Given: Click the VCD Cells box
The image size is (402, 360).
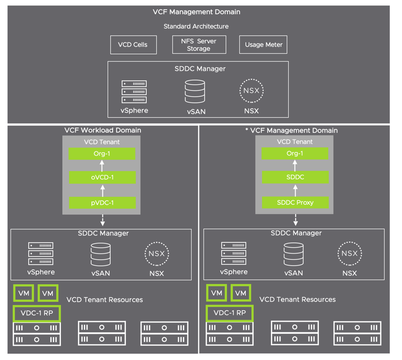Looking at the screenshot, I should point(133,45).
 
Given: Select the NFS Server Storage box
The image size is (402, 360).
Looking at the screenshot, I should point(199,45).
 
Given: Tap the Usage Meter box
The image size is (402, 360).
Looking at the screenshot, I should point(264,45).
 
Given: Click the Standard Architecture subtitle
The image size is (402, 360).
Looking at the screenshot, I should point(196,26).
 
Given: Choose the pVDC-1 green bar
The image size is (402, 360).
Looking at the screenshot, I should point(102,202).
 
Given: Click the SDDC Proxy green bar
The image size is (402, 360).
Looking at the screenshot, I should point(295,202).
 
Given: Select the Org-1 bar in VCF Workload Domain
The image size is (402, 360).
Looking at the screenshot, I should point(102,153).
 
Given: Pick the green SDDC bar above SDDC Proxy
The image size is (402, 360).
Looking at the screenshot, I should point(295,178).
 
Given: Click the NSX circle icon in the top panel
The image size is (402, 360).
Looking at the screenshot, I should point(251,91).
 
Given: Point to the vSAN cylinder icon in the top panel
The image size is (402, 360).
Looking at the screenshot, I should point(195,91).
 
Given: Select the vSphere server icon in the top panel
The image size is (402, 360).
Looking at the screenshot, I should point(134,92).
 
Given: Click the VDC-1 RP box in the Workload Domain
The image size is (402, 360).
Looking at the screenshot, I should point(37,313).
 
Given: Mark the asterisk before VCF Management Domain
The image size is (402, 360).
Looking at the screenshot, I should point(247,131).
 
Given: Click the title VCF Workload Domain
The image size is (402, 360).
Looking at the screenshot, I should point(103,131).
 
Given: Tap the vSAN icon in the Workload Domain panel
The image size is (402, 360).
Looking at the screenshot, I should point(101,254).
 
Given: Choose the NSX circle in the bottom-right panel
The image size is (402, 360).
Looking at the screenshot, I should point(349,254).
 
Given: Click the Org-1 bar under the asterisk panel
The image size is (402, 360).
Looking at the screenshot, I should point(295,153).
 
